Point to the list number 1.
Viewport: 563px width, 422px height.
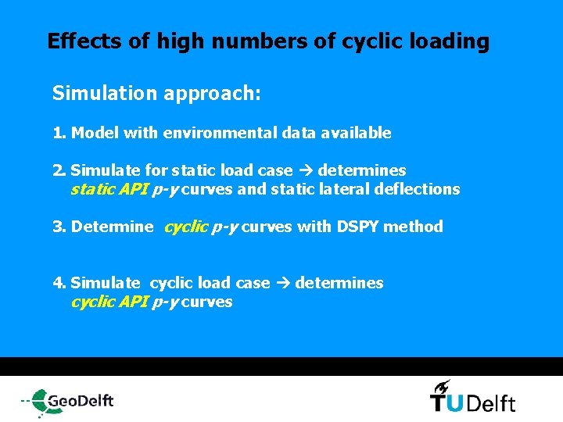[x=58, y=133]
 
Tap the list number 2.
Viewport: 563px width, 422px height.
[x=58, y=170]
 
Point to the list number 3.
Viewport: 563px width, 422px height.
[x=58, y=227]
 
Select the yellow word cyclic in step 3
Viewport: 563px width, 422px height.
[x=185, y=227]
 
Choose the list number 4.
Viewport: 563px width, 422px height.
[x=58, y=283]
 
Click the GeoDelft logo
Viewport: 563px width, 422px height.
[x=68, y=401]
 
